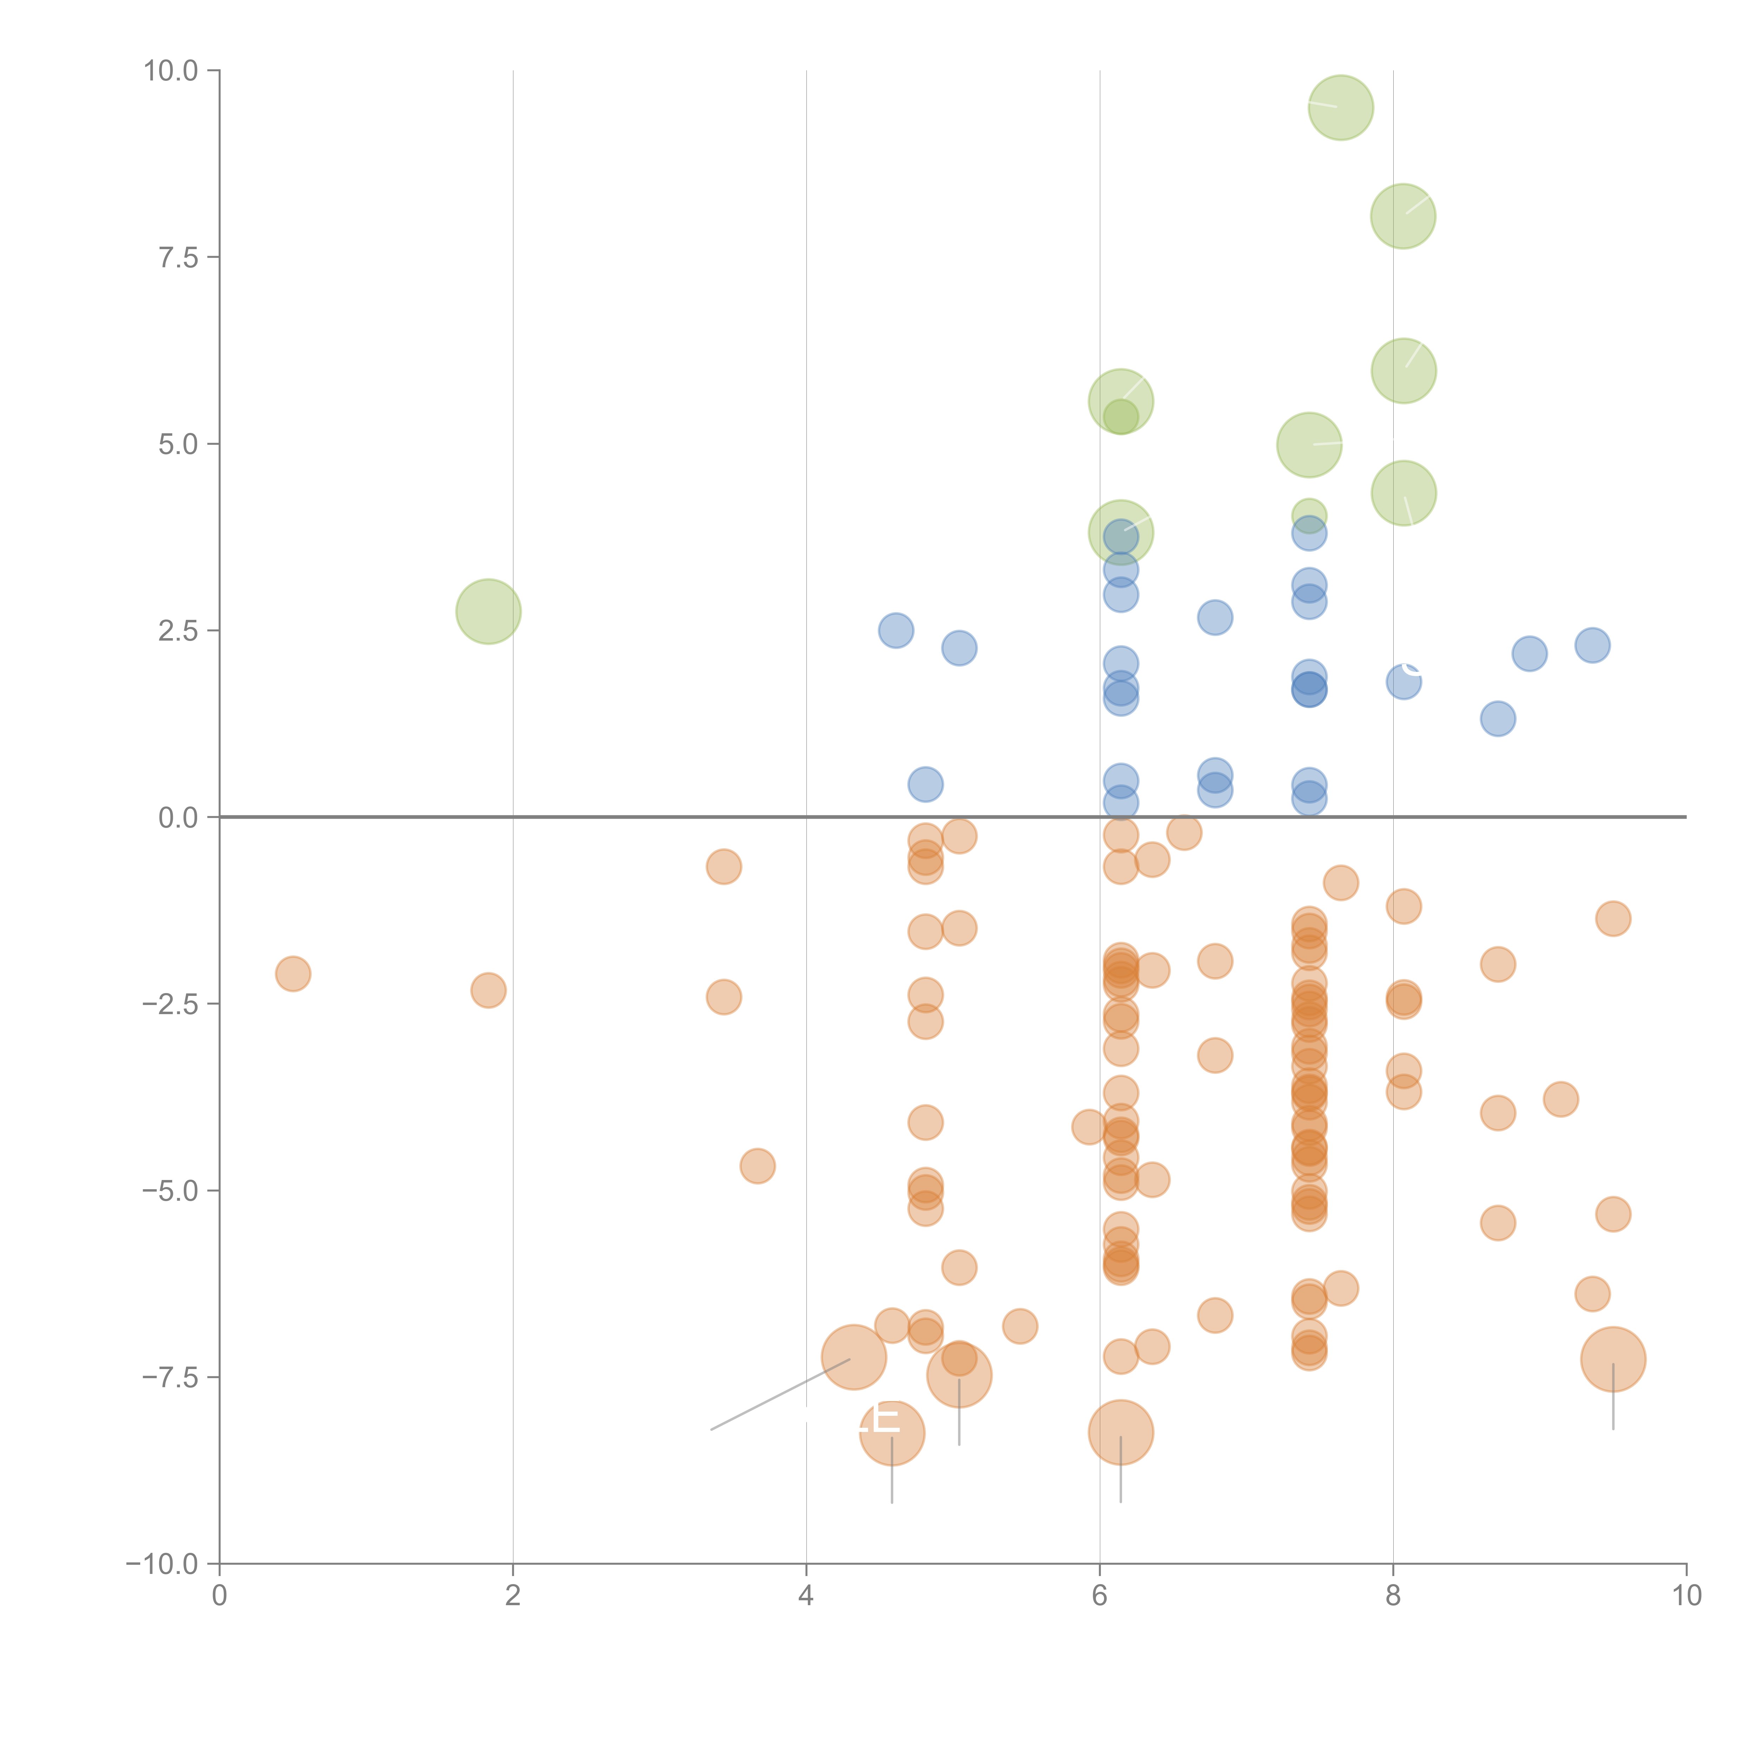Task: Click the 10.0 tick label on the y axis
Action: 171,71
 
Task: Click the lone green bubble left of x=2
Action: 488,611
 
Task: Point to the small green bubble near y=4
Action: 1309,515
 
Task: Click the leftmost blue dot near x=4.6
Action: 896,630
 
